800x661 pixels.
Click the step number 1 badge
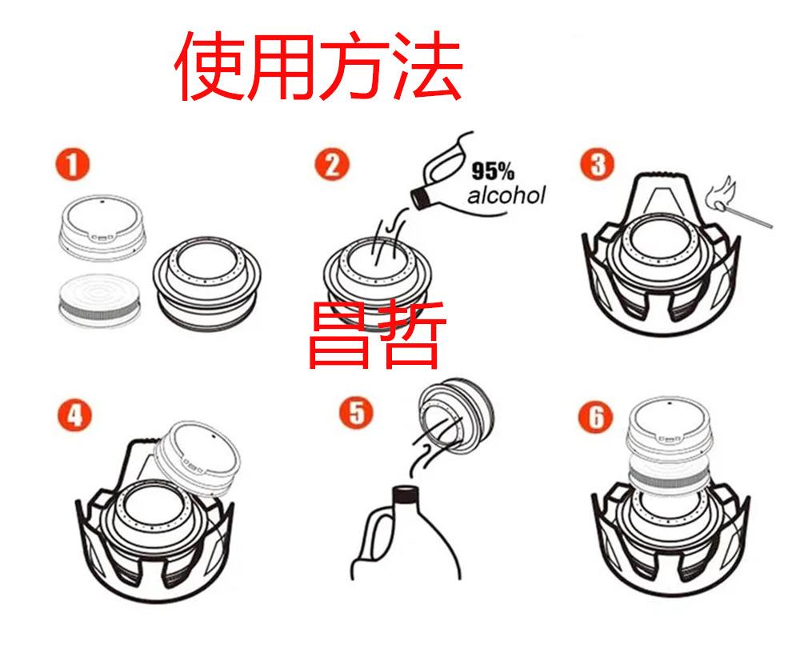[x=73, y=164]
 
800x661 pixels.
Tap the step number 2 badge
[x=332, y=164]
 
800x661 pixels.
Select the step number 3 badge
[x=598, y=164]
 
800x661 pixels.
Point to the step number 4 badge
[x=74, y=415]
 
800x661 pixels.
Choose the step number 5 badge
[x=357, y=412]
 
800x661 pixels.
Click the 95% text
[x=492, y=171]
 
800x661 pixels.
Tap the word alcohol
[x=506, y=195]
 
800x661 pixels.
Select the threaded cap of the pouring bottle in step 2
[x=421, y=198]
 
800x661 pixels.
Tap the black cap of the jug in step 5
[x=406, y=494]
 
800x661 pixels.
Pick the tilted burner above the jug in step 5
[x=456, y=416]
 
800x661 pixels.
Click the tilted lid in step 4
[x=197, y=459]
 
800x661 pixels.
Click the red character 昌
[x=338, y=335]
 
